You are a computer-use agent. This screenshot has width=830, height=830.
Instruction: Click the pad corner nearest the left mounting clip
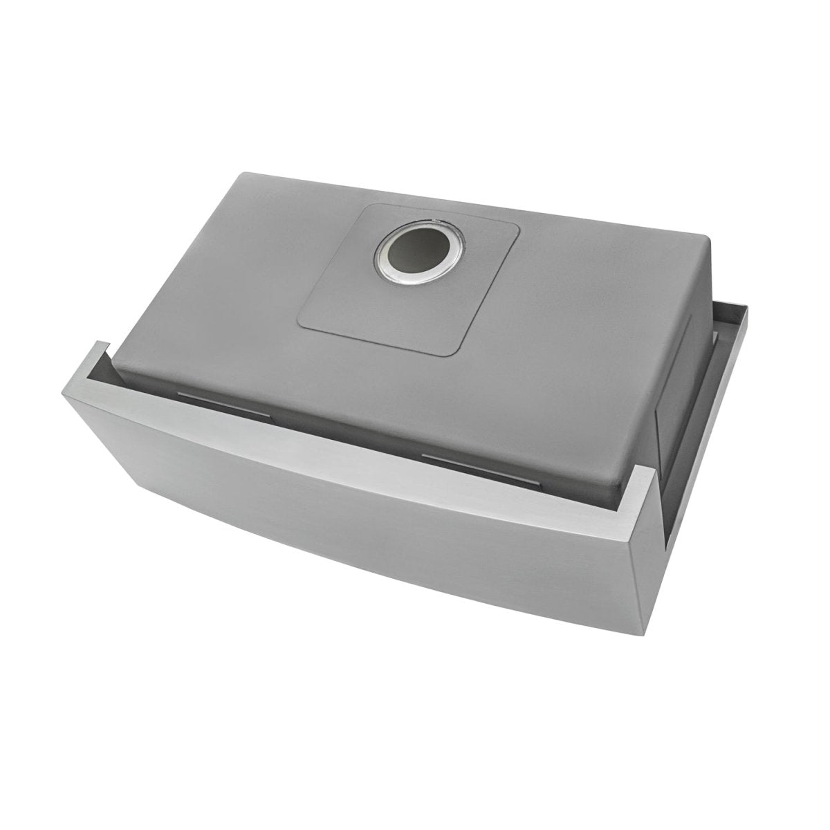302,325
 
